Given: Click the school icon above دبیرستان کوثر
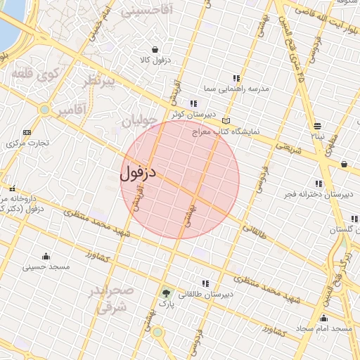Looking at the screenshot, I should (193, 104).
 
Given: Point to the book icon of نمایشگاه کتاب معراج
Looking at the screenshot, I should (225, 121).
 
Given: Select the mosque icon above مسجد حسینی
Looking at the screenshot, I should (46, 256).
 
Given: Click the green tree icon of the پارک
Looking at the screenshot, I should (166, 294).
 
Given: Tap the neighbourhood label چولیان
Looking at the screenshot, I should (137, 121).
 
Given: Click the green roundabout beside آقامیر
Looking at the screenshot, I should (45, 109).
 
